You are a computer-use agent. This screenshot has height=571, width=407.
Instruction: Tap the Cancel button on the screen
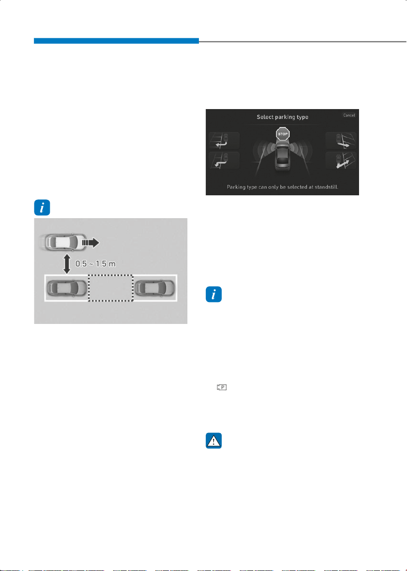click(349, 115)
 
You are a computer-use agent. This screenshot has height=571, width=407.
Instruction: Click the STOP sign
click(283, 134)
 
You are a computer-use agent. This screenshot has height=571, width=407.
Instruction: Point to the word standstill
click(326, 187)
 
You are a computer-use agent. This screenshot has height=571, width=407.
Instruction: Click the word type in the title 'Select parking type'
click(302, 117)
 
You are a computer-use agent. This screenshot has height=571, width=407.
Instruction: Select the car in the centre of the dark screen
click(283, 156)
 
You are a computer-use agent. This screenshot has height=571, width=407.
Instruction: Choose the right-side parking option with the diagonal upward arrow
click(341, 161)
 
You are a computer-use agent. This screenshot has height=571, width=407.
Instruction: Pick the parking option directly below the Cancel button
click(341, 141)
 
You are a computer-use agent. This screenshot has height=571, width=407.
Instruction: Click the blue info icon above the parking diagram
click(42, 207)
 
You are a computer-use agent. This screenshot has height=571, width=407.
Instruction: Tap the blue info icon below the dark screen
click(213, 295)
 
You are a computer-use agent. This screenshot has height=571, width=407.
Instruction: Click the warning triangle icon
click(213, 440)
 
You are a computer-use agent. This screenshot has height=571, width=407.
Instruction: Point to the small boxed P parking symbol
click(222, 387)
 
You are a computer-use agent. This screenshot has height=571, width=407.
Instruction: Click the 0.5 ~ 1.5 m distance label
click(95, 263)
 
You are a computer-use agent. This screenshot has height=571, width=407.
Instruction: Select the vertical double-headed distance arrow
click(67, 264)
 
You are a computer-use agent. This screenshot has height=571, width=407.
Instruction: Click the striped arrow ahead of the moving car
click(90, 242)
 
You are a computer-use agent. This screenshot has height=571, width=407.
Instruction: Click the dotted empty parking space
click(110, 288)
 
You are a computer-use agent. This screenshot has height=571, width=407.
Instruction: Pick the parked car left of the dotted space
click(67, 288)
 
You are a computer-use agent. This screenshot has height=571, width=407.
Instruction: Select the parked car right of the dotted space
click(155, 288)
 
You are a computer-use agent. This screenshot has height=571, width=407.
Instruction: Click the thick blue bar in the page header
click(116, 41)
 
